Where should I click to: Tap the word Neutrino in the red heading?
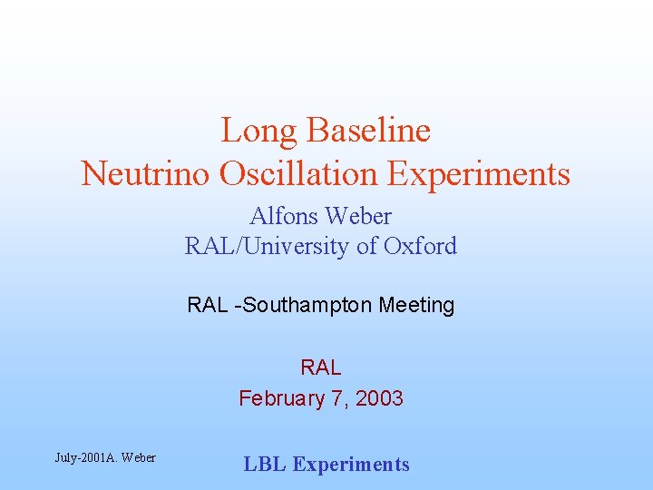[144, 173]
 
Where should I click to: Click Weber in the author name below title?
[360, 217]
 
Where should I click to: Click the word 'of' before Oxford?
[368, 246]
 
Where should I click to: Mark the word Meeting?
[416, 305]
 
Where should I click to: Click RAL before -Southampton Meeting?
[208, 305]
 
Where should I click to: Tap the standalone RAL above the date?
[321, 367]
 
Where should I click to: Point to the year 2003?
[381, 397]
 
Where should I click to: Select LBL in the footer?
[265, 465]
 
